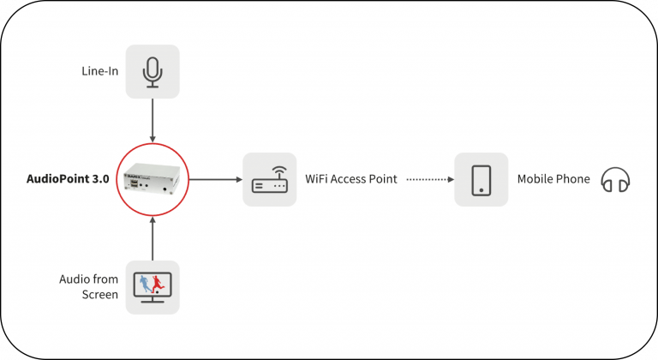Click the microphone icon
pyautogui.click(x=153, y=71)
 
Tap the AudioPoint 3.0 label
pyautogui.click(x=68, y=180)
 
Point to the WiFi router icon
pyautogui.click(x=269, y=180)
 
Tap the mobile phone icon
pyautogui.click(x=482, y=180)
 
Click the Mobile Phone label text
pyautogui.click(x=553, y=180)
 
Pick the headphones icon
pyautogui.click(x=615, y=180)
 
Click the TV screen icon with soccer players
pyautogui.click(x=153, y=287)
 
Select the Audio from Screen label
pyautogui.click(x=89, y=287)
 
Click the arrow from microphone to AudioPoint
pyautogui.click(x=153, y=120)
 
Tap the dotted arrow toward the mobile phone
pyautogui.click(x=428, y=180)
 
